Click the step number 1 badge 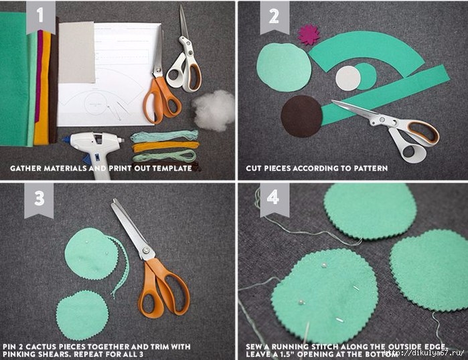click(41, 17)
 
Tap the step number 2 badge click(275, 17)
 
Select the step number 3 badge click(39, 199)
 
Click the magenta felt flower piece click(309, 35)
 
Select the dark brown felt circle click(302, 116)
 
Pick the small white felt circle click(348, 78)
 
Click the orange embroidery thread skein click(165, 146)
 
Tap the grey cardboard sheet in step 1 click(77, 52)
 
